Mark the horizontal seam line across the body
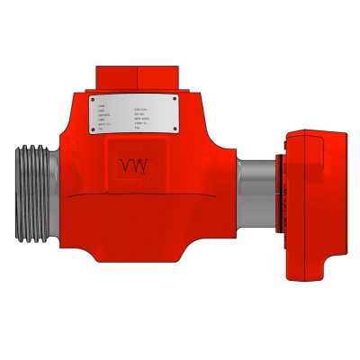[135, 196]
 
